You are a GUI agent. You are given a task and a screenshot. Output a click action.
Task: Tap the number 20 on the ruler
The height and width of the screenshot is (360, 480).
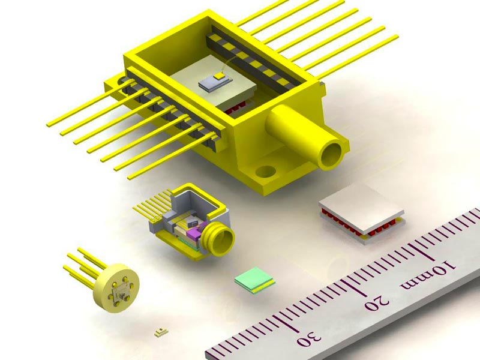[377, 302]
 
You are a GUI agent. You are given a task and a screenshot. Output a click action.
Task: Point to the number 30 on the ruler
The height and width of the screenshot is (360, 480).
[309, 340]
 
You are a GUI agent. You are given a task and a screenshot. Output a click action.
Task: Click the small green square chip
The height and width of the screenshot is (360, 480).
[254, 280]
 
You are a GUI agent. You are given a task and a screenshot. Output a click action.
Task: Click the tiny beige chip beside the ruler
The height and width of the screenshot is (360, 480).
[161, 332]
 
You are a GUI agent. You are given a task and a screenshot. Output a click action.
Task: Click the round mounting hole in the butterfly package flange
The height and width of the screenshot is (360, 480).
[265, 172]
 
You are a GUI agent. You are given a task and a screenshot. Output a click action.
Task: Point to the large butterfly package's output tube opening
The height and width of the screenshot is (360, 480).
[331, 154]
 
